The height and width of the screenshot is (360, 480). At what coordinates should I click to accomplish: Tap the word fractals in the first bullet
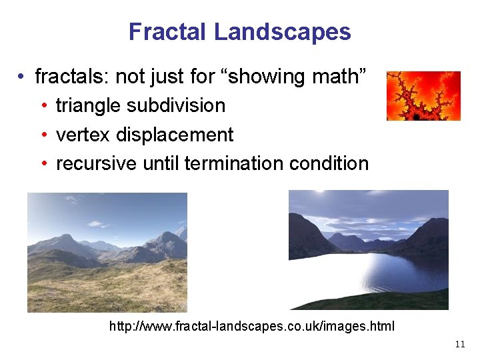pos(71,77)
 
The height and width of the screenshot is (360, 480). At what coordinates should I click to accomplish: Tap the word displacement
pos(175,135)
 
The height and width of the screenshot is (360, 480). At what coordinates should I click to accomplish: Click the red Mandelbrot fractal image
pos(423,96)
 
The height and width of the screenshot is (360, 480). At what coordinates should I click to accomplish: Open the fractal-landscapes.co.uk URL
pos(252,327)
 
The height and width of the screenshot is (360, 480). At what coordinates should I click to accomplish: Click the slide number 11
pos(459,345)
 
